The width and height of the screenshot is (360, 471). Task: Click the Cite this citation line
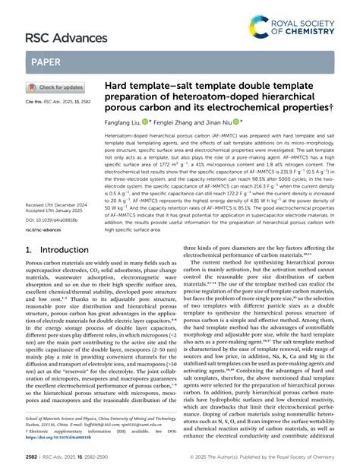pos(58,101)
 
